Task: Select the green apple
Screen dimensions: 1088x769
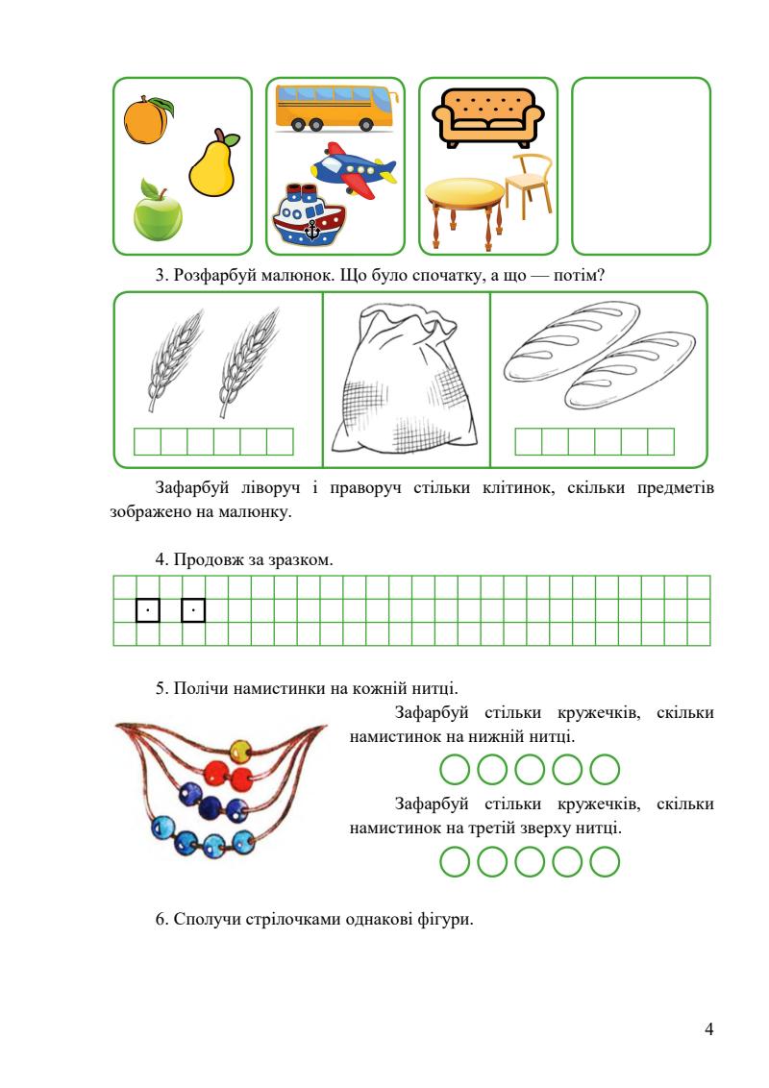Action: [x=157, y=214]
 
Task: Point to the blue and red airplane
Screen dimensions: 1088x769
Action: [x=356, y=170]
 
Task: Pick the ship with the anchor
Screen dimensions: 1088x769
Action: [x=306, y=217]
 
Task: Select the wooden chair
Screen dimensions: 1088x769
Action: [x=527, y=187]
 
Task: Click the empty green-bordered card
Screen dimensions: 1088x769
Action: [x=640, y=165]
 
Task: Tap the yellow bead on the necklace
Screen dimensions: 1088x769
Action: [x=241, y=749]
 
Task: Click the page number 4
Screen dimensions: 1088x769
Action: [x=708, y=1030]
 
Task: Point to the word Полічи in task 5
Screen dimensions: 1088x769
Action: [x=195, y=687]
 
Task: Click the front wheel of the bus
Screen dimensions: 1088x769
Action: [x=366, y=123]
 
